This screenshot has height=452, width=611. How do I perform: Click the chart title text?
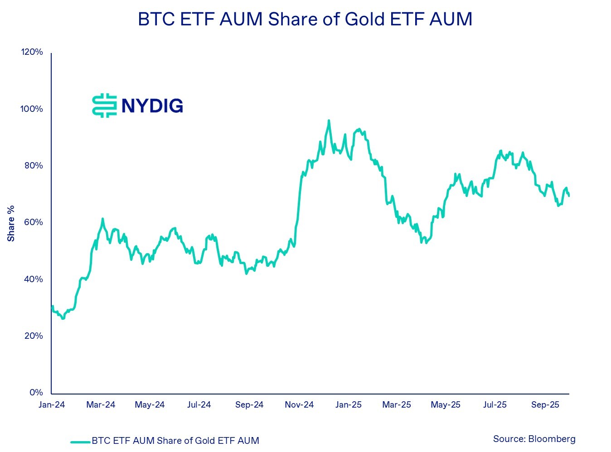[305, 19]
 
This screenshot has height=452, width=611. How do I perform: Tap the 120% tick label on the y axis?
[32, 52]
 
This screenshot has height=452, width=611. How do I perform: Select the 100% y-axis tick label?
[32, 109]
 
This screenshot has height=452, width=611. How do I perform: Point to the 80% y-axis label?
[33, 165]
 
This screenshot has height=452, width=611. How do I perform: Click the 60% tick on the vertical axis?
[33, 222]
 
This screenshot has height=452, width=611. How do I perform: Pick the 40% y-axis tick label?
[33, 279]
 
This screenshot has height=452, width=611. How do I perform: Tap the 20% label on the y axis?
[33, 336]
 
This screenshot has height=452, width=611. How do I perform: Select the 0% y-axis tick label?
[36, 392]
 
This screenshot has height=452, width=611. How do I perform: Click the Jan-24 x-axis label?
[52, 405]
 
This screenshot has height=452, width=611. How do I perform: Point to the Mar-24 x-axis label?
[101, 405]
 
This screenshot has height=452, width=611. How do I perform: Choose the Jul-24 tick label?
[199, 405]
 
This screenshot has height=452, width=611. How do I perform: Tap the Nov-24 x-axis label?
[299, 405]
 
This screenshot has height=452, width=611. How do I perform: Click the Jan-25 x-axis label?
[349, 405]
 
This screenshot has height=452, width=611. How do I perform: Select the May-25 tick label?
[446, 405]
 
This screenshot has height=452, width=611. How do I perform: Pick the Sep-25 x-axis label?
[545, 405]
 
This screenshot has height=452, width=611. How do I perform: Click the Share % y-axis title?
[11, 223]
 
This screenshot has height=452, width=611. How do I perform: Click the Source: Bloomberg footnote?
[534, 439]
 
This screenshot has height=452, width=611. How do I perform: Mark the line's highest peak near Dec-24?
[329, 120]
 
